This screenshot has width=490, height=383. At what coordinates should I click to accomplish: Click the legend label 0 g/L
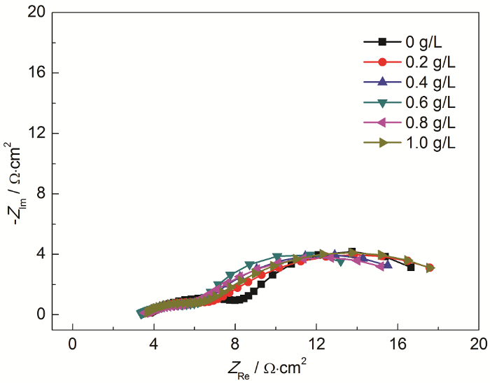[x=425, y=41]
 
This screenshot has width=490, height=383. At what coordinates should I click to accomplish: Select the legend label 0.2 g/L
[x=430, y=62]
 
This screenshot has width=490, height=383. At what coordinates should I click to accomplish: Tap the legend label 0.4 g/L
[x=430, y=82]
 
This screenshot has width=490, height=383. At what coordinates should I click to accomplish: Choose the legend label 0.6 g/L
[x=430, y=103]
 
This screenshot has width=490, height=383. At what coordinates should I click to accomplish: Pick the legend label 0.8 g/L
[x=430, y=123]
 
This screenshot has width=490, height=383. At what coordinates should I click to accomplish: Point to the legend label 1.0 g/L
[x=430, y=144]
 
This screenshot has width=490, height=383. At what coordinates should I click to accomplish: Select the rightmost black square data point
[x=411, y=267]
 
